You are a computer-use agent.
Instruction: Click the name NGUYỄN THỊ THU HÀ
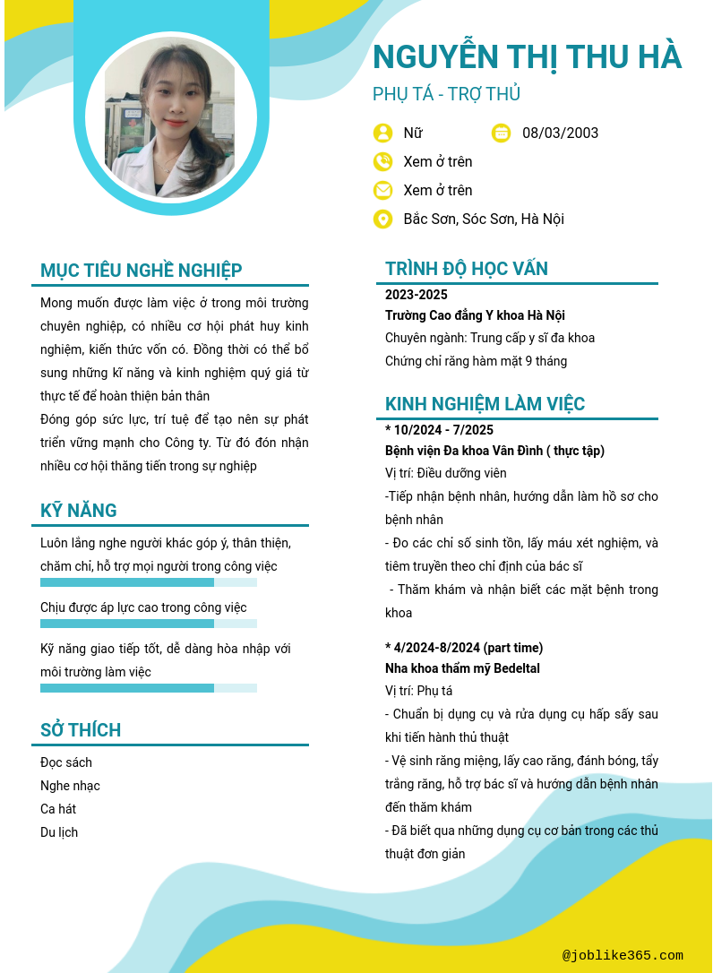(x=527, y=56)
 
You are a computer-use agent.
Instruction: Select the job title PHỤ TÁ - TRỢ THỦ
(x=446, y=94)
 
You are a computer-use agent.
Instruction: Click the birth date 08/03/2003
(x=560, y=133)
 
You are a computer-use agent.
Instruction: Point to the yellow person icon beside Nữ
(x=382, y=133)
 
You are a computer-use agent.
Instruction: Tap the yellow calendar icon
(x=502, y=133)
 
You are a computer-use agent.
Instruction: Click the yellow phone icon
(x=382, y=161)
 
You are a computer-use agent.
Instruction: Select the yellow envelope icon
(x=382, y=190)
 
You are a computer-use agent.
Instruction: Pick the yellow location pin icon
(x=382, y=219)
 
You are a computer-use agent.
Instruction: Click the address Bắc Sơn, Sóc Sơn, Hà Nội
(x=484, y=219)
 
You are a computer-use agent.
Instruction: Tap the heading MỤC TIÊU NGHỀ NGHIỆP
(x=142, y=271)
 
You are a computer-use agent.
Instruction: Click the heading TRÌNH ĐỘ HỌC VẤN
(x=467, y=269)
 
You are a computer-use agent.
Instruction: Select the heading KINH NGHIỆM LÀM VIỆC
(x=485, y=404)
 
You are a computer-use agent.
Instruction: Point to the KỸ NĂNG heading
(x=79, y=511)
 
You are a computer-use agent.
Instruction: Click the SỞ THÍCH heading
(x=81, y=730)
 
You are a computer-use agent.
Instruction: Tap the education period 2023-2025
(x=417, y=295)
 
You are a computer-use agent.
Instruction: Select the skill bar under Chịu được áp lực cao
(x=149, y=624)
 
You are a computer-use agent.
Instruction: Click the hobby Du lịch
(x=59, y=832)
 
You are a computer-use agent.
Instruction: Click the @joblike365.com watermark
(x=623, y=956)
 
